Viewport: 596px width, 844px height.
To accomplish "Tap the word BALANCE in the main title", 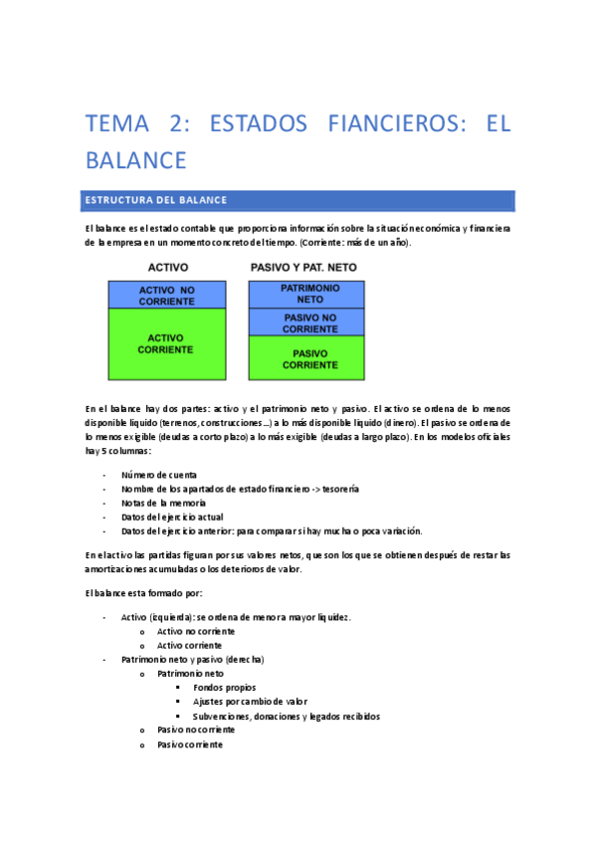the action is (x=135, y=160).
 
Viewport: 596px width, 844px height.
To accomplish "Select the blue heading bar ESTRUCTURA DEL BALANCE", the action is (x=298, y=200).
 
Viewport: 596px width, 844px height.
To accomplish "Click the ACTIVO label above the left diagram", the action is (x=168, y=268).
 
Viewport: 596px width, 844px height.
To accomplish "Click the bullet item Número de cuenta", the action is (x=159, y=475).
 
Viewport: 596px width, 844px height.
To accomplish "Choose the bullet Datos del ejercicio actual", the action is (x=172, y=517).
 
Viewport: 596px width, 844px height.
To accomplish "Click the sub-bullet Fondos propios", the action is (x=224, y=687).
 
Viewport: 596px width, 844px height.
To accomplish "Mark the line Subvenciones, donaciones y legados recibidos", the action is (x=287, y=716).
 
